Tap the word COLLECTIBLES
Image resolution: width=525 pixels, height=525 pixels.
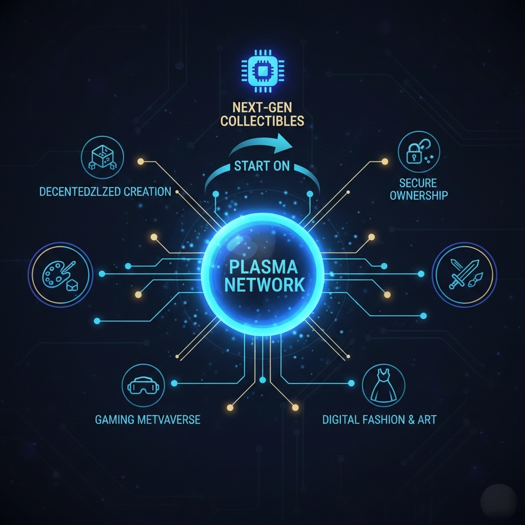tap(262, 121)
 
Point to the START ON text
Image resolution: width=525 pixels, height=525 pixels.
tap(261, 166)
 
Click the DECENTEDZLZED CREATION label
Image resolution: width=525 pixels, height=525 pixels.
tap(105, 192)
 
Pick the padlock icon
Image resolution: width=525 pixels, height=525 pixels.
tap(419, 151)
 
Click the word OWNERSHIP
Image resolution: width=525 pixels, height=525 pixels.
tap(419, 195)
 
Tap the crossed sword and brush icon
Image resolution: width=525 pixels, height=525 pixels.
tap(464, 274)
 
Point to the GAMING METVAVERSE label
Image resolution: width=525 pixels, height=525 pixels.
tap(148, 419)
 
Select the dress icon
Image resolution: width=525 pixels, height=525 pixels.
tap(383, 386)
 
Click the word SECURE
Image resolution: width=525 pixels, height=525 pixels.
tap(419, 183)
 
